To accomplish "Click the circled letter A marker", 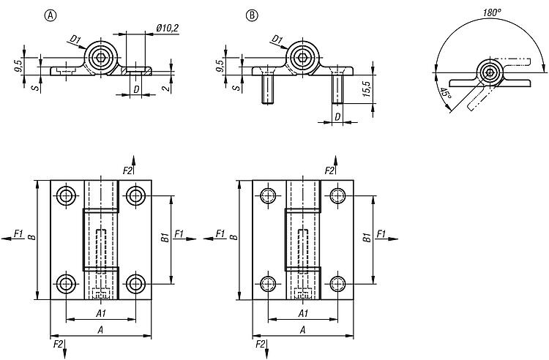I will tap(50, 15).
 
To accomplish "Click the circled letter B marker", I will tap(252, 15).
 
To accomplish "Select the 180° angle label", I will tap(492, 12).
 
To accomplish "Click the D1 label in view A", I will tap(74, 39).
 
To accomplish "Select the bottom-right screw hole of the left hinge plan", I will tap(134, 284).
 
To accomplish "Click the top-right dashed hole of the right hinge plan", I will tap(337, 195).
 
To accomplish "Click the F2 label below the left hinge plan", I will tap(57, 342).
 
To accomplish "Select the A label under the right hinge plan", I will tap(302, 330).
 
